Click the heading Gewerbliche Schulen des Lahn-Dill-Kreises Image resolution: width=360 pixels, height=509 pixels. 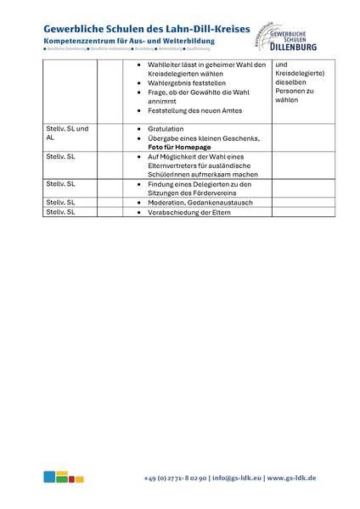[x=147, y=29]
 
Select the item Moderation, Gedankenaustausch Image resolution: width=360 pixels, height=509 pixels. [x=196, y=203]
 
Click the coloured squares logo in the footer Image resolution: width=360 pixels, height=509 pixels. [x=64, y=477]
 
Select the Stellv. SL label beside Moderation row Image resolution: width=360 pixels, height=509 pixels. [x=60, y=203]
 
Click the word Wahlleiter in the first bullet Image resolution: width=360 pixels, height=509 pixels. [x=165, y=65]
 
